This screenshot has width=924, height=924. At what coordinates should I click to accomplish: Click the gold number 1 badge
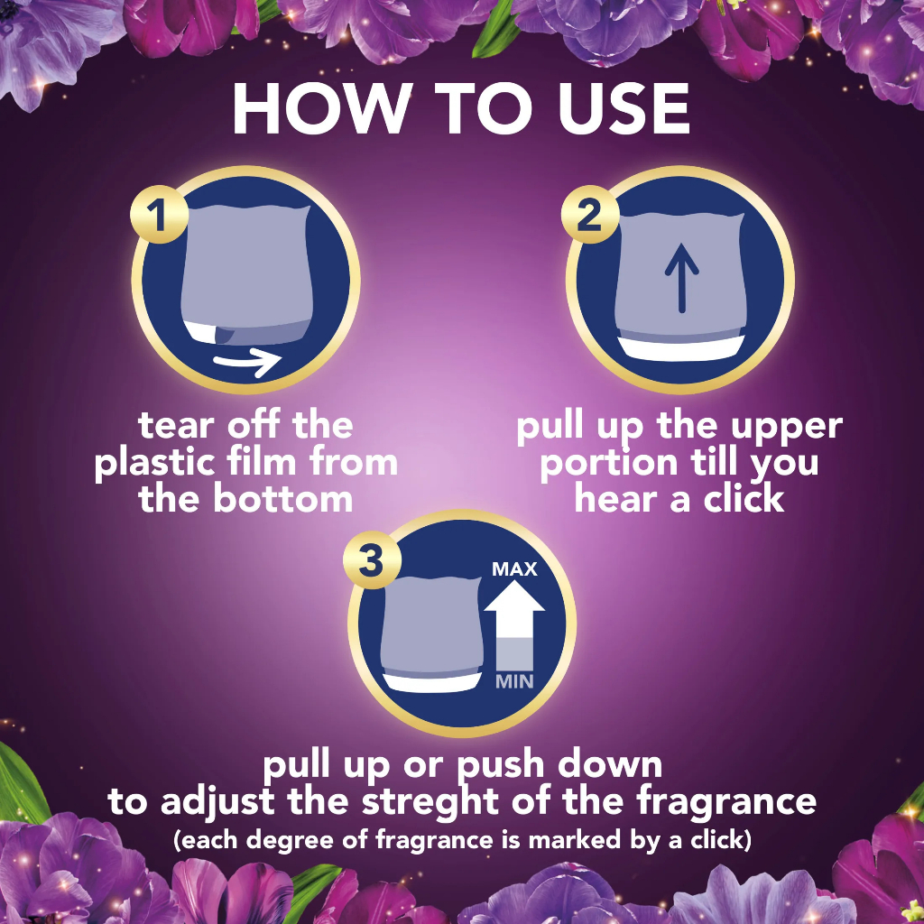[159, 215]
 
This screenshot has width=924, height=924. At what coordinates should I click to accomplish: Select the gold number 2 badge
[590, 215]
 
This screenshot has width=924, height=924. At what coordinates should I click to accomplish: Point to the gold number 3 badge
[372, 559]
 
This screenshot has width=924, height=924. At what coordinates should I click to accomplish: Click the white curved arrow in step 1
[247, 362]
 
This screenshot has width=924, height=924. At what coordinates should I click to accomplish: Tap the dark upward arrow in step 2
[682, 278]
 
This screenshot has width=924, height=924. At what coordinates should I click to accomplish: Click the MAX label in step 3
[514, 568]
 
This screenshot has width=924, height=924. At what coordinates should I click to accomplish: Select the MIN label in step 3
[514, 682]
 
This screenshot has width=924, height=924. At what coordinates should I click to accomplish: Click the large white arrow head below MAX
[514, 596]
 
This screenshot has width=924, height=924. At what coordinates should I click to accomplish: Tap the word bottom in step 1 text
[282, 499]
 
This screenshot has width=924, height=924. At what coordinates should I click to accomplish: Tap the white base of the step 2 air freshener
[682, 349]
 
